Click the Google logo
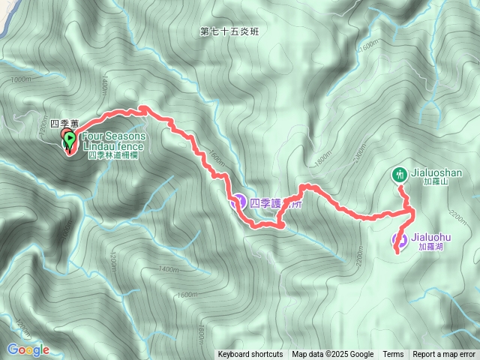28,349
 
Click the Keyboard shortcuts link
250,355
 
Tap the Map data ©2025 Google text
332,355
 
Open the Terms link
393,355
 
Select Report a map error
444,355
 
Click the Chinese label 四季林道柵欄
112,155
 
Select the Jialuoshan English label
438,172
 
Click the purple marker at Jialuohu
399,241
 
